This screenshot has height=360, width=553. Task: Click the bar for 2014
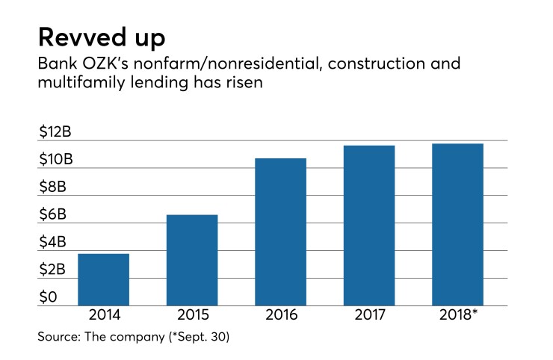tap(103, 280)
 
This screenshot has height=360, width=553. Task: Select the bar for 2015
tap(192, 261)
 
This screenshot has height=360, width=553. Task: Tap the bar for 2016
tap(280, 232)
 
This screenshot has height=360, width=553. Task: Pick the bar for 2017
tap(368, 226)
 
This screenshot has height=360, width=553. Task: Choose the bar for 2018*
tap(457, 225)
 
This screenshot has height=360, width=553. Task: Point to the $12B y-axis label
tap(55, 132)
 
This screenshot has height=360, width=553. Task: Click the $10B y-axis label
tap(55, 160)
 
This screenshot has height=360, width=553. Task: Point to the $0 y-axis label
tap(47, 297)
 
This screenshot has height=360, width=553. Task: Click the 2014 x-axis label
tap(103, 314)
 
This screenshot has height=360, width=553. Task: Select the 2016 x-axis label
tap(280, 314)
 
